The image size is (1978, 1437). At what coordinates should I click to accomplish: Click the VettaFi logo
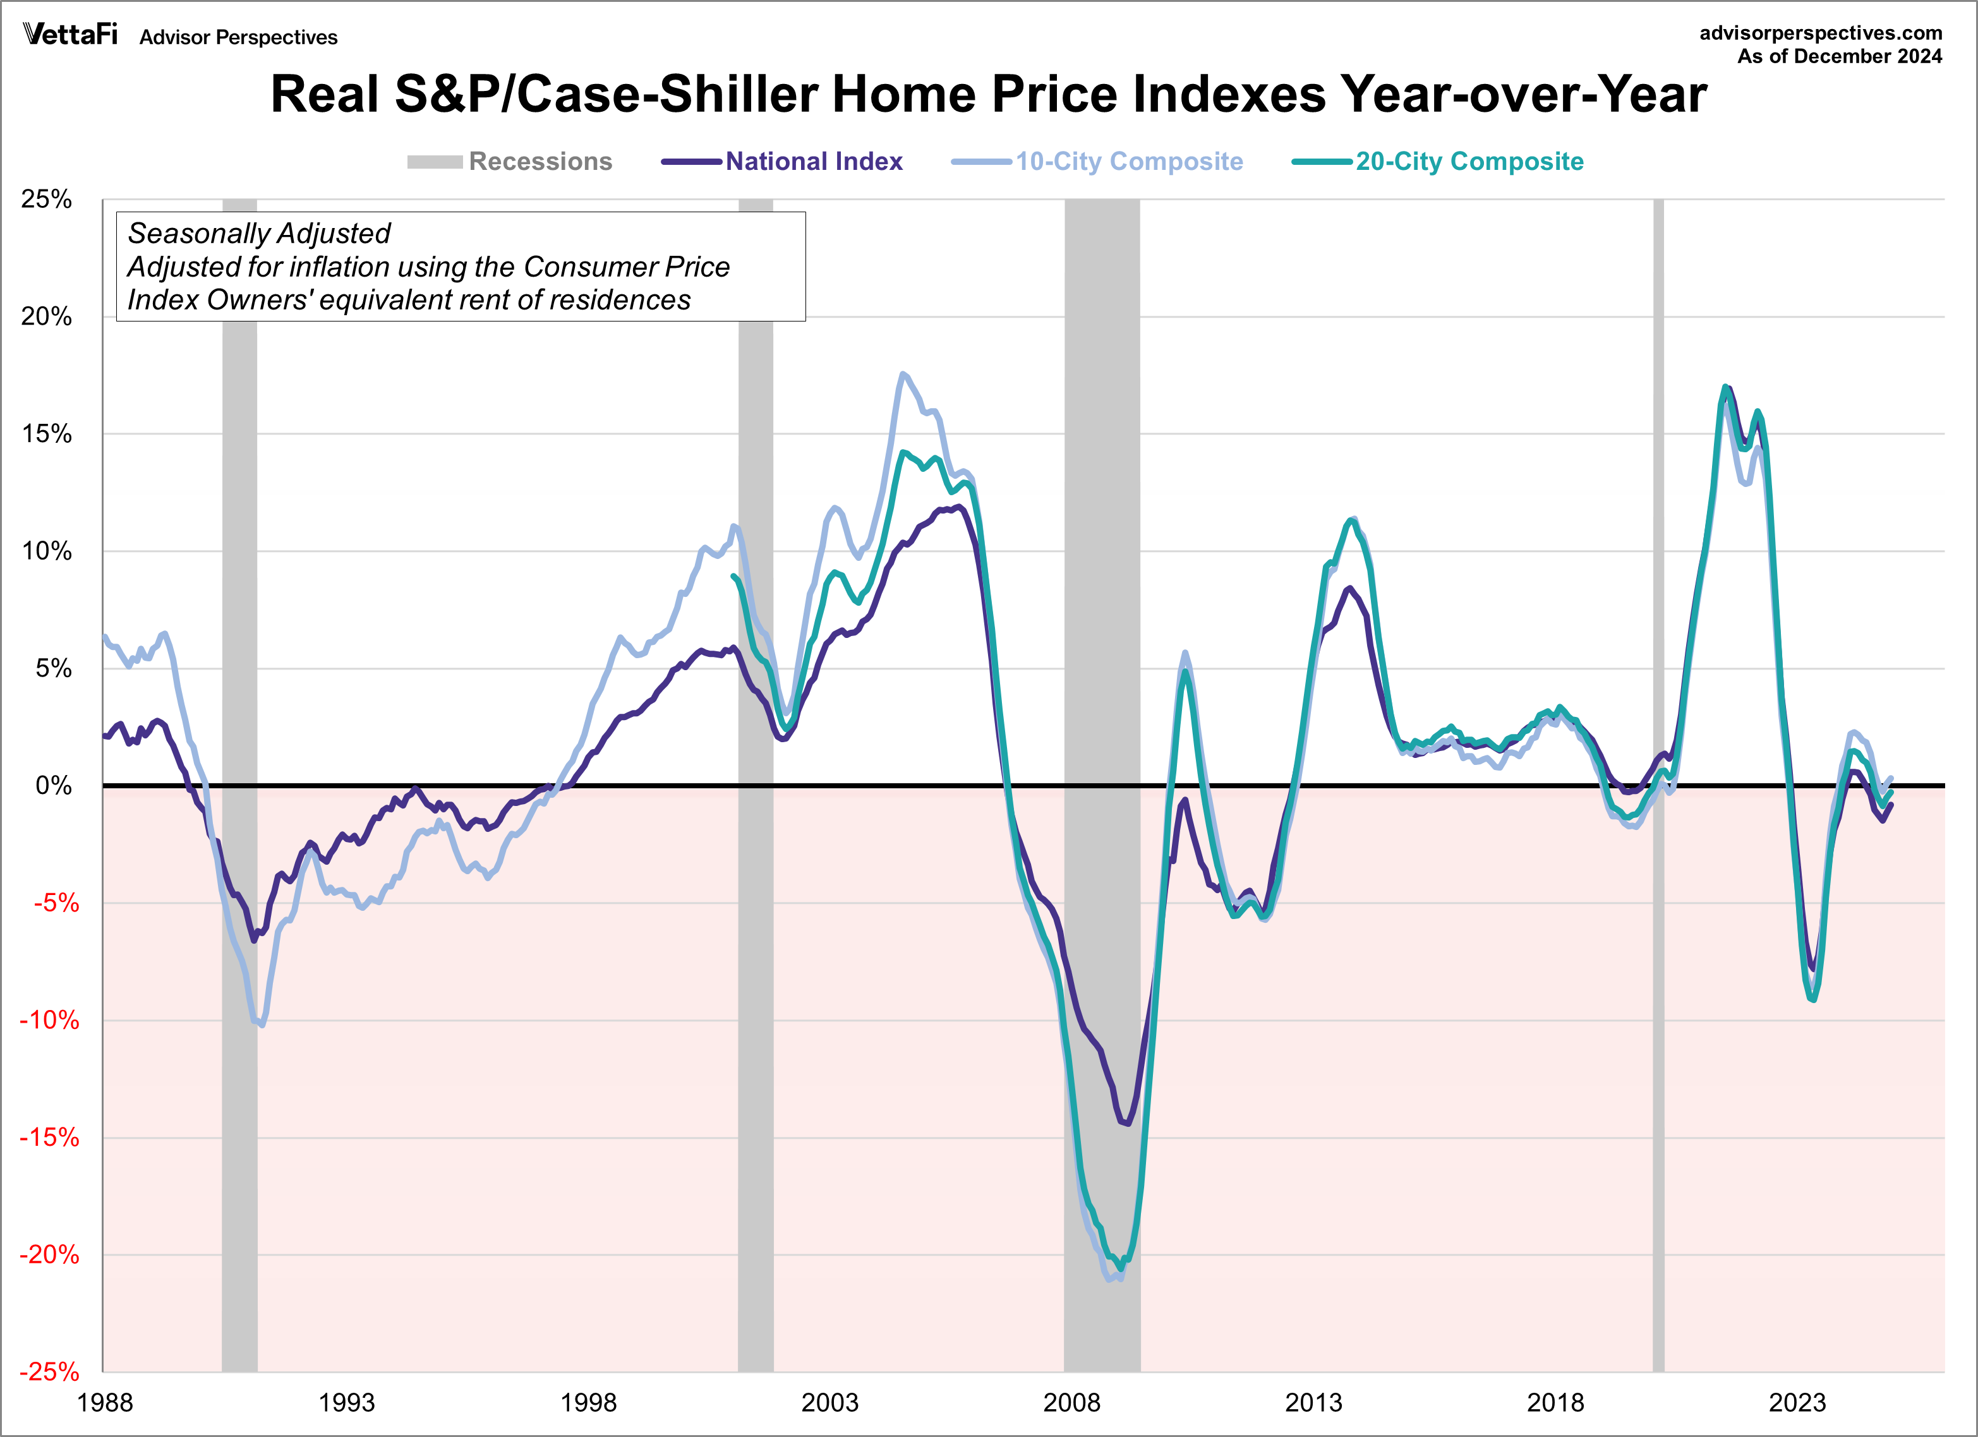[69, 34]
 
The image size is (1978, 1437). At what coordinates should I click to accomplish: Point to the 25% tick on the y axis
[46, 199]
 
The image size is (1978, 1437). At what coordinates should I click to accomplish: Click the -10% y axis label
[49, 1020]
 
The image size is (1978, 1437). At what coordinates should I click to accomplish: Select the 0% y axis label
[53, 786]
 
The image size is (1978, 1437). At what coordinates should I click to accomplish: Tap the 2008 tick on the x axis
[1072, 1403]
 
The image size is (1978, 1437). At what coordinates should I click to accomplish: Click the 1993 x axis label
[346, 1403]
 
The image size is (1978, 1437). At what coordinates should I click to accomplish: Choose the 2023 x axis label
[1797, 1403]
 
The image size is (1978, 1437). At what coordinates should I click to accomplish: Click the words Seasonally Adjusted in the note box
[259, 234]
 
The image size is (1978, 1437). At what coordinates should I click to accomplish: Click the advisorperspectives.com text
[1821, 33]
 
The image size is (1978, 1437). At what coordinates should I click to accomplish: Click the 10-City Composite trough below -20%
[1109, 1279]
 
